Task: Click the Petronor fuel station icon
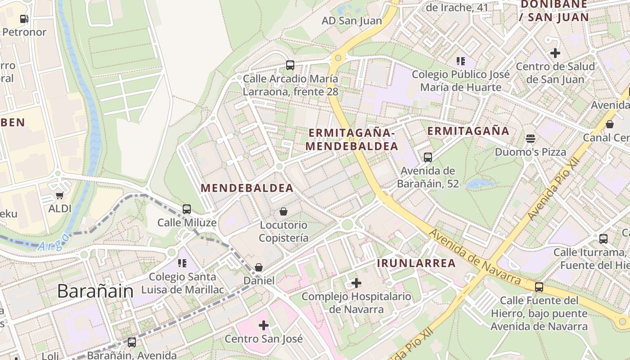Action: pyautogui.click(x=24, y=19)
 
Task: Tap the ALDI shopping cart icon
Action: pyautogui.click(x=59, y=195)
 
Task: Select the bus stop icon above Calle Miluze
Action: pyautogui.click(x=187, y=209)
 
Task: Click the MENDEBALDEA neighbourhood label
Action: pyautogui.click(x=247, y=188)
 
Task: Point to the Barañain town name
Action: pyautogui.click(x=95, y=292)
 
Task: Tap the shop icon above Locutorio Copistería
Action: pyautogui.click(x=283, y=211)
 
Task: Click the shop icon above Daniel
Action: pyautogui.click(x=259, y=267)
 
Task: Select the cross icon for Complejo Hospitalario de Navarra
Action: pyautogui.click(x=356, y=283)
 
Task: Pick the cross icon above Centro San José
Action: pyautogui.click(x=264, y=325)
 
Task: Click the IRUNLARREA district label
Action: pyautogui.click(x=416, y=263)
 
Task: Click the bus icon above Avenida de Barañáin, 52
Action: pyautogui.click(x=427, y=157)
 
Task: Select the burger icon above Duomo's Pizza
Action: pyautogui.click(x=531, y=138)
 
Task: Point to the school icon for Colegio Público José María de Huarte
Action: pyautogui.click(x=460, y=61)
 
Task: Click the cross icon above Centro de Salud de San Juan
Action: pyautogui.click(x=555, y=53)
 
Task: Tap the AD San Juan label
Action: pyautogui.click(x=351, y=21)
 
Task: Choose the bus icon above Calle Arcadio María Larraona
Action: pyautogui.click(x=290, y=65)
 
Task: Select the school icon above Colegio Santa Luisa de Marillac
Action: pyautogui.click(x=182, y=263)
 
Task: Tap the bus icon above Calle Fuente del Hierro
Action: pyautogui.click(x=539, y=287)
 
